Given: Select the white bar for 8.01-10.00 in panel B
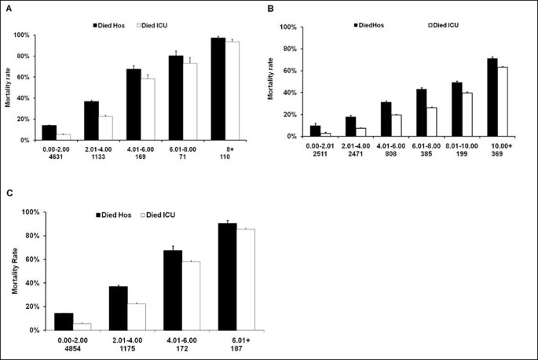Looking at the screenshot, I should click(x=469, y=115).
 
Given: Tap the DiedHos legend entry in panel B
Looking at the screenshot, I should click(x=371, y=25).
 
